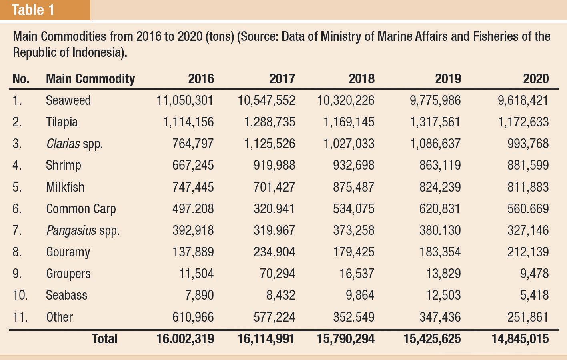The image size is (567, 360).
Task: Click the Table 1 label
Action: pos(33,10)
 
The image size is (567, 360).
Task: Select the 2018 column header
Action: pos(361,79)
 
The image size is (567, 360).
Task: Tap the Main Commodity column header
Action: pos(90,79)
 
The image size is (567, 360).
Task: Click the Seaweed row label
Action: pos(68,100)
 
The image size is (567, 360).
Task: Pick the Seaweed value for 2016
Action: pos(185,100)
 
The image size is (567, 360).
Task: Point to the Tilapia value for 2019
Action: pos(435,122)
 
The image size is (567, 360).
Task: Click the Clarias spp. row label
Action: pos(74,144)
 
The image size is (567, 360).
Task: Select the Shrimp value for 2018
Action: pos(354,165)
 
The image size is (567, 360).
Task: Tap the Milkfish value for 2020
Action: pos(528,187)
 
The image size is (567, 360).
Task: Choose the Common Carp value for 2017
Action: pos(274,209)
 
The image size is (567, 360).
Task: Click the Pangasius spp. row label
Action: pos(83,230)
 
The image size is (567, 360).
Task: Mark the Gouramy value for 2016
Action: pos(193,252)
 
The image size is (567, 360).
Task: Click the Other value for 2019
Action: pos(440,317)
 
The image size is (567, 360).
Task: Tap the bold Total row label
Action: pos(105,339)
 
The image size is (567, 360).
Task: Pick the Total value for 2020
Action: pos(520,339)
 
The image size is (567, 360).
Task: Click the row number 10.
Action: pos(20,295)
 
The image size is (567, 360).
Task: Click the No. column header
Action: pos(21,79)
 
